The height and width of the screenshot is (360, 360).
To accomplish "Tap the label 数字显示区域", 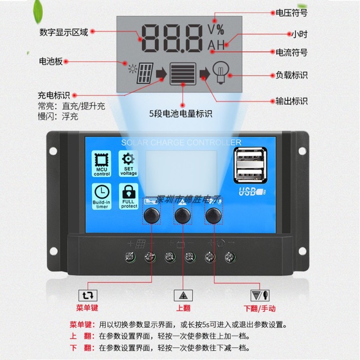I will coord(63,32).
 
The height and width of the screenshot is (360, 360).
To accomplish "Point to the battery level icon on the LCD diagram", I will coord(183,73).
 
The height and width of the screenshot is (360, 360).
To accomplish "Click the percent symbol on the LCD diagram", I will coord(219,30).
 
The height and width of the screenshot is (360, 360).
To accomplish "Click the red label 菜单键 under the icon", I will coord(87,308).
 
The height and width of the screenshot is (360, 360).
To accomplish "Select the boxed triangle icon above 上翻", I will coord(183,295).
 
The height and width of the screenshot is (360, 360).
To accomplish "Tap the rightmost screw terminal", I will coord(230,257).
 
